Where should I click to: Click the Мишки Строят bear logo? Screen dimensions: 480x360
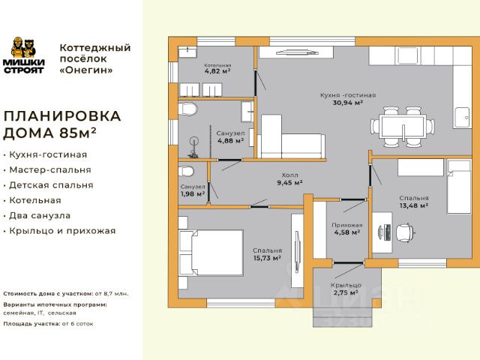(x=23, y=55)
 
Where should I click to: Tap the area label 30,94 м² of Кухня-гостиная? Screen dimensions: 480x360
(x=348, y=103)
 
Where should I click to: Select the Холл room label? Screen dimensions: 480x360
(x=290, y=175)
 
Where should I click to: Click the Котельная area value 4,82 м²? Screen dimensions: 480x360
(x=217, y=71)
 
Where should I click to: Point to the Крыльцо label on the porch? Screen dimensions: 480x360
(x=346, y=285)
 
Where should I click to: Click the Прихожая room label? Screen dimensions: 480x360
(x=347, y=225)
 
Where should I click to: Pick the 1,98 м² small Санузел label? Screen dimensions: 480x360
(x=193, y=193)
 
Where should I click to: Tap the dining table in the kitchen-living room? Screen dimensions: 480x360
(x=402, y=127)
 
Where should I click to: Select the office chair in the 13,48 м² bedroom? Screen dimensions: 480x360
(x=405, y=232)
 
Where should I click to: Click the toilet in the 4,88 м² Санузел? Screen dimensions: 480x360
(x=187, y=109)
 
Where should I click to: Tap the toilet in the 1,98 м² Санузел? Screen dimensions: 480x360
(x=186, y=171)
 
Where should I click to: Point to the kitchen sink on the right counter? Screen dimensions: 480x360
(x=462, y=117)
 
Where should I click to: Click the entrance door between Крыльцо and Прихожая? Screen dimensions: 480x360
(x=348, y=262)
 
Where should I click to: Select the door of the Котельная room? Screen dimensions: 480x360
(x=256, y=83)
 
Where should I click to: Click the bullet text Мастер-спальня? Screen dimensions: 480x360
(x=50, y=170)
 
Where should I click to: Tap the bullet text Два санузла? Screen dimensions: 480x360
(x=40, y=215)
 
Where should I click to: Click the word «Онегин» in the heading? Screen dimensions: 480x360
(x=86, y=70)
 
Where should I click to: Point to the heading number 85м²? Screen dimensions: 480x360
(x=78, y=133)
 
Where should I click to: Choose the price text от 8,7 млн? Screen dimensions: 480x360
(x=112, y=294)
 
